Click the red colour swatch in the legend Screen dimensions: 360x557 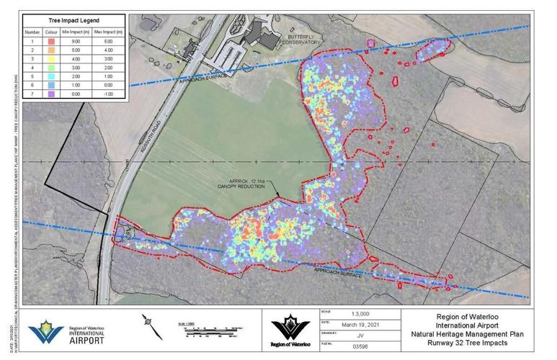coord(51,42)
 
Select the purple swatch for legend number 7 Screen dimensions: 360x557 coord(51,94)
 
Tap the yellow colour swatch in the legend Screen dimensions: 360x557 coord(51,60)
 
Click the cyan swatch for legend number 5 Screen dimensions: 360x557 coord(51,77)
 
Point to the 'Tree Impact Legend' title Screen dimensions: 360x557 coord(74,21)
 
